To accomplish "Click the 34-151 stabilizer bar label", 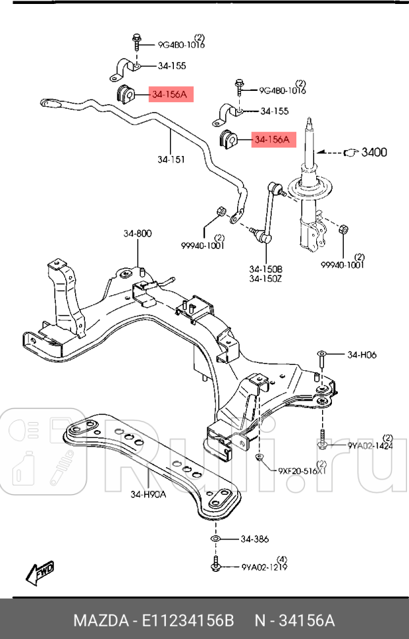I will (x=171, y=159).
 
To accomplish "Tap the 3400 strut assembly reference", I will (x=375, y=152).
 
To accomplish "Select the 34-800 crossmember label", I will (x=137, y=233).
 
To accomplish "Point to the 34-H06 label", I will (x=363, y=354).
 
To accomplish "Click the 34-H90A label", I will (x=148, y=495).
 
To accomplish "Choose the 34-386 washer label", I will (x=254, y=539).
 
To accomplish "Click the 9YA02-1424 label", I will (x=370, y=445).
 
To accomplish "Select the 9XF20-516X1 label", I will (x=302, y=471).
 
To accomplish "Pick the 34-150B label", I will (x=265, y=269).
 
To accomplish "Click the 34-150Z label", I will (x=265, y=279).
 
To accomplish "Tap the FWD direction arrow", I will (x=40, y=572).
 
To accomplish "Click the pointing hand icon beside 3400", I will (x=350, y=152).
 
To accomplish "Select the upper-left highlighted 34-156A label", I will (x=169, y=95).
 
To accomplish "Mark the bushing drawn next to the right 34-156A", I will (x=228, y=140).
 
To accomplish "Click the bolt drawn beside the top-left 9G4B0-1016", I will (x=136, y=41).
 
